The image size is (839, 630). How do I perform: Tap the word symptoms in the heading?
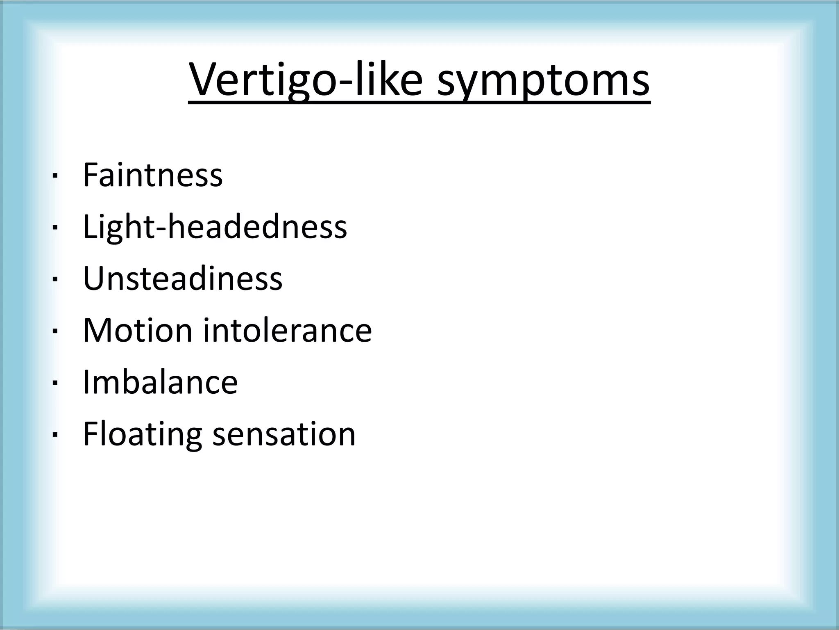click(x=543, y=80)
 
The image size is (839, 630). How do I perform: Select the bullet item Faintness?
click(x=152, y=175)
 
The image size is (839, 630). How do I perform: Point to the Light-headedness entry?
click(x=215, y=227)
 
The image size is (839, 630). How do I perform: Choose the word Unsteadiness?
click(x=182, y=278)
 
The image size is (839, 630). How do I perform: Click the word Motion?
click(x=138, y=330)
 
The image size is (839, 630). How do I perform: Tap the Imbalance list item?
click(x=160, y=382)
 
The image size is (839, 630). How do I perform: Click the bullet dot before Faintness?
click(x=54, y=177)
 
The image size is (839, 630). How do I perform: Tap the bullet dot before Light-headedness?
click(x=54, y=228)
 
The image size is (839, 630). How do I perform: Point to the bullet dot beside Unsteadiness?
click(x=54, y=280)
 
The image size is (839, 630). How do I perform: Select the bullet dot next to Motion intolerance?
click(x=54, y=332)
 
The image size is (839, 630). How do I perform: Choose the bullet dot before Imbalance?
click(x=54, y=383)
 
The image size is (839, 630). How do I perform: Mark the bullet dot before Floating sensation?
click(x=54, y=435)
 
